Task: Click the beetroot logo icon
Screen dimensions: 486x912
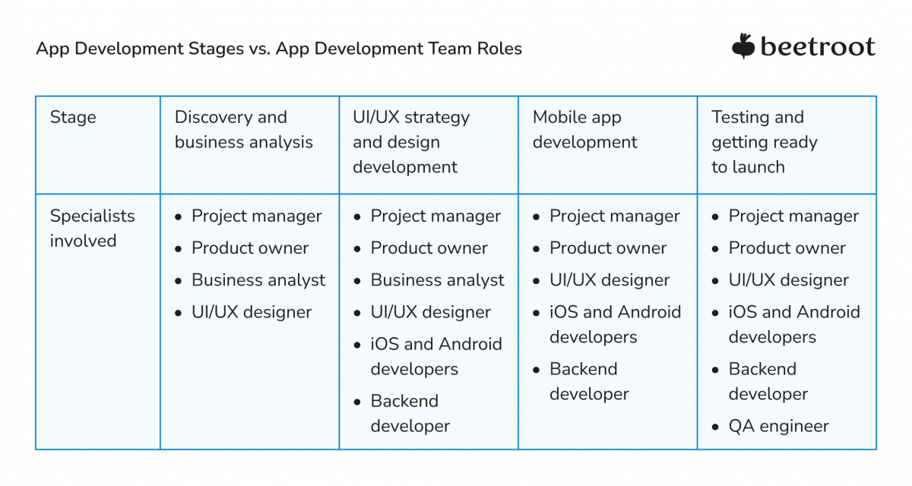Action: (743, 46)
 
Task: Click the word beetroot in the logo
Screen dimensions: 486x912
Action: (817, 47)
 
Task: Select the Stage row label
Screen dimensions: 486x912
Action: (73, 117)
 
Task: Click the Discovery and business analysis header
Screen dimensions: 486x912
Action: (243, 130)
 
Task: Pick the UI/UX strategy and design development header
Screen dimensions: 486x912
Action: (411, 142)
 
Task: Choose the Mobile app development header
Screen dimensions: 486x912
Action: (584, 130)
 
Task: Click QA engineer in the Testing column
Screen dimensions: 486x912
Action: (778, 426)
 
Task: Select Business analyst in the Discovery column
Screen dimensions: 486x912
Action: (258, 280)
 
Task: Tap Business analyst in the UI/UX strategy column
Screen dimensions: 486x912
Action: (437, 280)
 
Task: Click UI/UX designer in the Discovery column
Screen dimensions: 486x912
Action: (252, 312)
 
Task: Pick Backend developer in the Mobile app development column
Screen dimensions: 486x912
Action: (589, 382)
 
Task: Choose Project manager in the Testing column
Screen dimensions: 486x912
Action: (793, 216)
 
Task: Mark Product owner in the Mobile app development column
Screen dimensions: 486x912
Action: (608, 248)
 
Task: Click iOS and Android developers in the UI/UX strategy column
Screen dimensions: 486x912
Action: (435, 356)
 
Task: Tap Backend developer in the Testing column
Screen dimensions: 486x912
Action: (768, 382)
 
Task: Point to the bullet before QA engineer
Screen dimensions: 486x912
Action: (715, 427)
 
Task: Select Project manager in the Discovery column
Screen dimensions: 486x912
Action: (256, 216)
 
